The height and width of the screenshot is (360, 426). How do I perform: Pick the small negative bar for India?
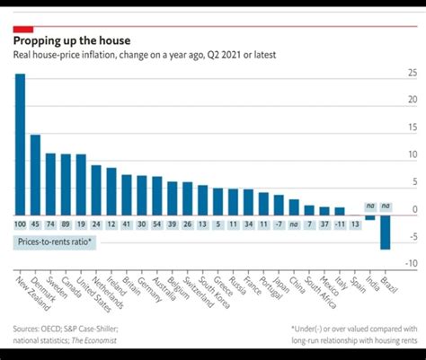click(x=369, y=215)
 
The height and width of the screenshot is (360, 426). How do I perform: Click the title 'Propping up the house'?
click(x=71, y=40)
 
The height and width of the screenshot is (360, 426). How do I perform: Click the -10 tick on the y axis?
click(x=412, y=263)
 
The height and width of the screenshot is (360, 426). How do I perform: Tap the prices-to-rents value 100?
click(x=20, y=223)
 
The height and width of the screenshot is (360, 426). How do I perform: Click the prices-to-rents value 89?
click(x=66, y=223)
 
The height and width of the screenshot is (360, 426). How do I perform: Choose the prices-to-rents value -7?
click(x=278, y=223)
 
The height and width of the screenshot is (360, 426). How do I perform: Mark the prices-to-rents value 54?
click(x=157, y=223)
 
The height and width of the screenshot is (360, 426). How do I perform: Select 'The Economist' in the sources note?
click(x=94, y=340)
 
